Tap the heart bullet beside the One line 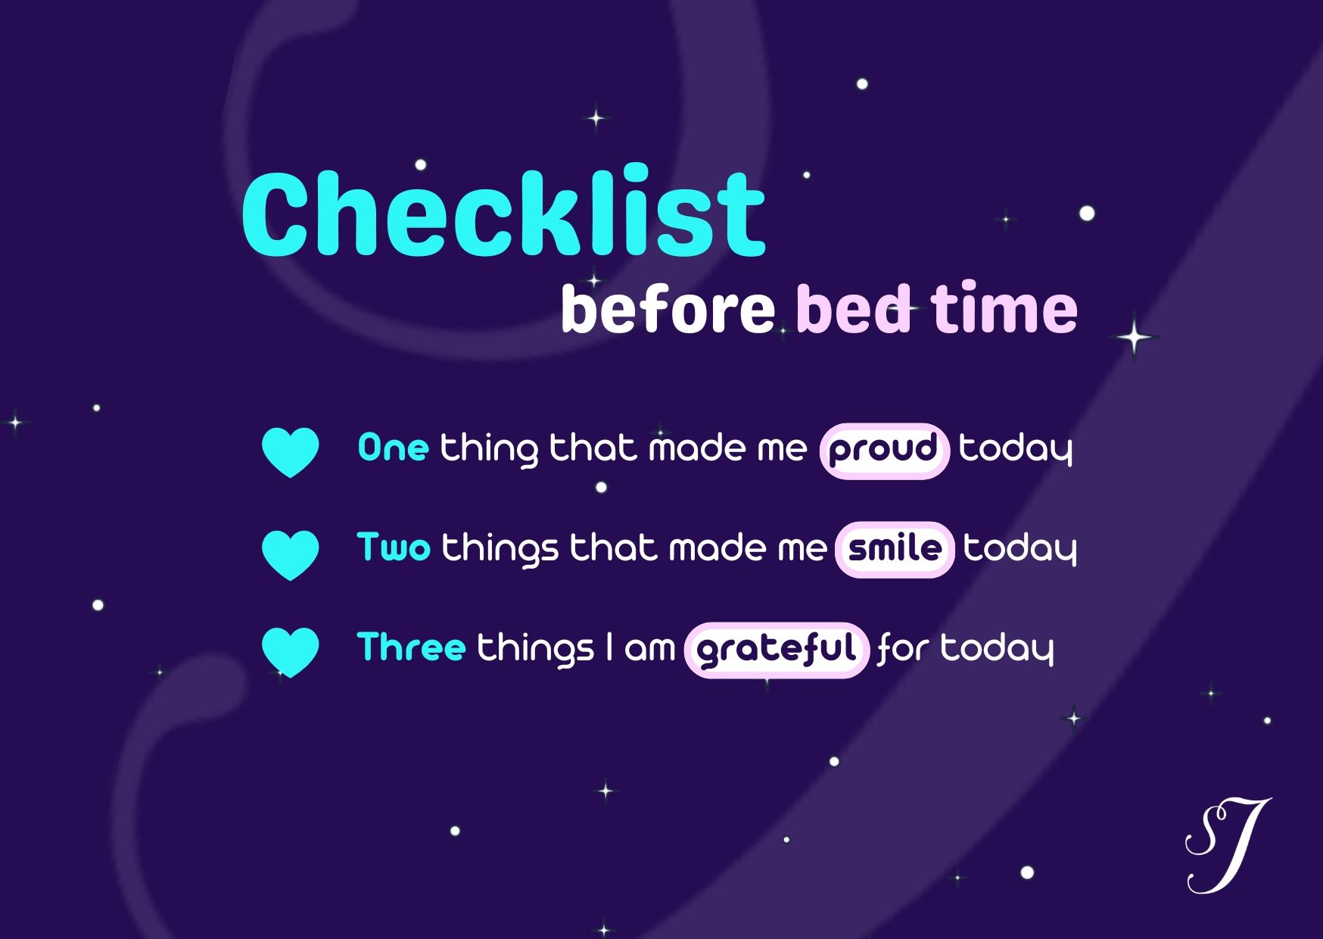(290, 452)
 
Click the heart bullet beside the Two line (290, 555)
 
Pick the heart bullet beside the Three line (290, 652)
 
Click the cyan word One (393, 448)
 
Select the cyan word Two (394, 547)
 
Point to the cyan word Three (411, 647)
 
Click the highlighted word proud (884, 451)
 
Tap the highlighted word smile (895, 549)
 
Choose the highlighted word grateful (777, 650)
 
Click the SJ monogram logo (1228, 845)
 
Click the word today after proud (1016, 449)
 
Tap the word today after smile (1019, 548)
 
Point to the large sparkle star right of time (1135, 337)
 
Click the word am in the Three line (649, 649)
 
